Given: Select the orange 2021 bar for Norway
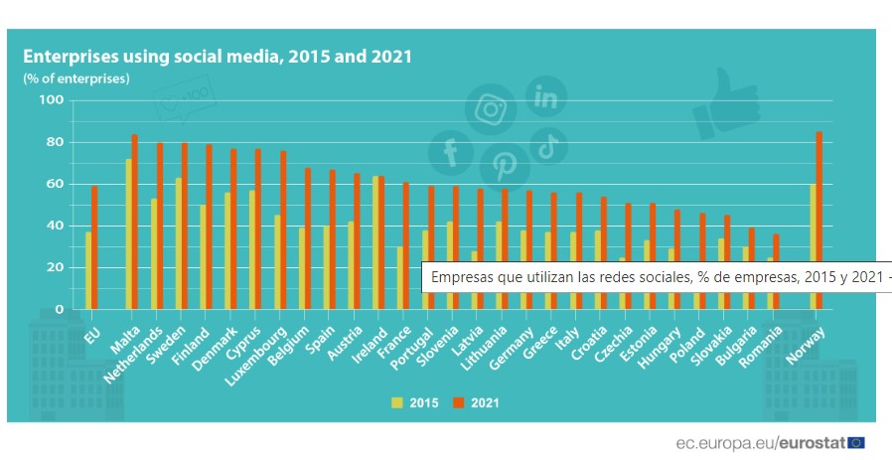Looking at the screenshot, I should point(819,220).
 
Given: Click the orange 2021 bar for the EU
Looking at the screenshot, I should point(94,247).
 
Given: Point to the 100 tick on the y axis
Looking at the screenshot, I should point(51,100).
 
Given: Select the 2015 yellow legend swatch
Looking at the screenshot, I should point(396,402).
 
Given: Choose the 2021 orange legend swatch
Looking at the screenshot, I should point(458,402).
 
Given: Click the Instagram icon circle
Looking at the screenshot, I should point(490,108).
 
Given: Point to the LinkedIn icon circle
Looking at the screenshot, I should point(545,97).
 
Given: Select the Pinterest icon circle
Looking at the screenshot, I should point(504,165).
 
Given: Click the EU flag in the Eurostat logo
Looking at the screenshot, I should point(855,441).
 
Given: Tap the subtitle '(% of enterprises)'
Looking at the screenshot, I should point(76,78).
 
